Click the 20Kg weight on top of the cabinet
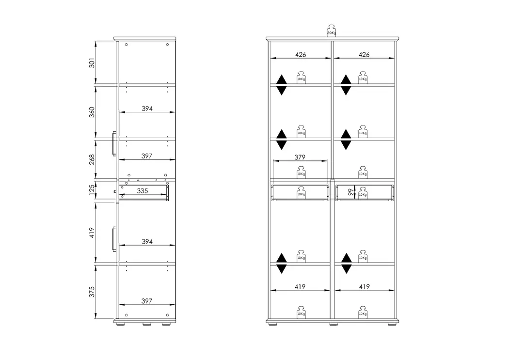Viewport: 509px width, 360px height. (331, 30)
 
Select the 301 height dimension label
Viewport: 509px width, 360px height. (92, 63)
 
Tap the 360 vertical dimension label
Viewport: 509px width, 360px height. (92, 112)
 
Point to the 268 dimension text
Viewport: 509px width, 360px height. (92, 159)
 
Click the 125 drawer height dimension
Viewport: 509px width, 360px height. (92, 191)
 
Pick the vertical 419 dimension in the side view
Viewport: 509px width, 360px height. (92, 233)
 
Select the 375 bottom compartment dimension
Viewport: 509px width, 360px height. (92, 292)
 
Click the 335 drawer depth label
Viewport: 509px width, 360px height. (143, 191)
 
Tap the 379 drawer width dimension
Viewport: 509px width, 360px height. (300, 157)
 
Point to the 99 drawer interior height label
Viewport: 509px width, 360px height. (350, 192)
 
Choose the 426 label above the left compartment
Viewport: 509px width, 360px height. (301, 54)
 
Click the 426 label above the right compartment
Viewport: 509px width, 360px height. (364, 54)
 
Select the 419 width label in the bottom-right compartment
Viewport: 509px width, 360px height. (364, 287)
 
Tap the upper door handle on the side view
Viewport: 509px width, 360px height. (114, 143)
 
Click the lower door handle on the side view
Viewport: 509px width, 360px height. (114, 239)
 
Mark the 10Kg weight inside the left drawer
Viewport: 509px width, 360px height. (301, 193)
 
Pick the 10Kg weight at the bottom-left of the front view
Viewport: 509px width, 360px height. (301, 312)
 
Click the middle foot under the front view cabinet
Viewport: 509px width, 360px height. (334, 324)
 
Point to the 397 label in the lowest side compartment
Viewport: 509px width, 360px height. (147, 301)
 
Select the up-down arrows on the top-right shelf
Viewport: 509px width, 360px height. (346, 85)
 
